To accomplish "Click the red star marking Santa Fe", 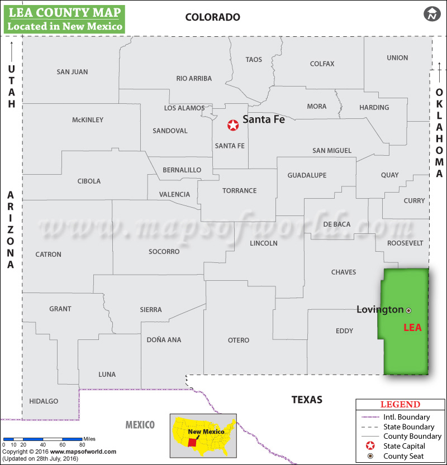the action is pos(232,125).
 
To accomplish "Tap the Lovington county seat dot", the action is pos(408,310).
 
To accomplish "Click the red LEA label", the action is pos(412,328).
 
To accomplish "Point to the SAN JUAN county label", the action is pos(72,72).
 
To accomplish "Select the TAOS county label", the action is pos(254,60).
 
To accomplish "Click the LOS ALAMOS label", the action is pos(184,108).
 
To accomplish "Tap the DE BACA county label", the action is pos(337,224).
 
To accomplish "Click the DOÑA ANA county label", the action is pos(164,339).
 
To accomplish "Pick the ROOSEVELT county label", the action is pos(405,243).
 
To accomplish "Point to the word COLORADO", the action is pos(213,17).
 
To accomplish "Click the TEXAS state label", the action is pos(307,400).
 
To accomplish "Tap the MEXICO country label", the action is pos(140,425).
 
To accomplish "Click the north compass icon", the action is pos(432,14).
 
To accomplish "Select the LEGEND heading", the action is pos(400,405).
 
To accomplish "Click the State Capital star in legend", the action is pos(370,446).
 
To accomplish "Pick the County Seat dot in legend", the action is pos(370,456).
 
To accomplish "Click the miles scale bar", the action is pos(42,440).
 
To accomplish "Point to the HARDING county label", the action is pos(374,107).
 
